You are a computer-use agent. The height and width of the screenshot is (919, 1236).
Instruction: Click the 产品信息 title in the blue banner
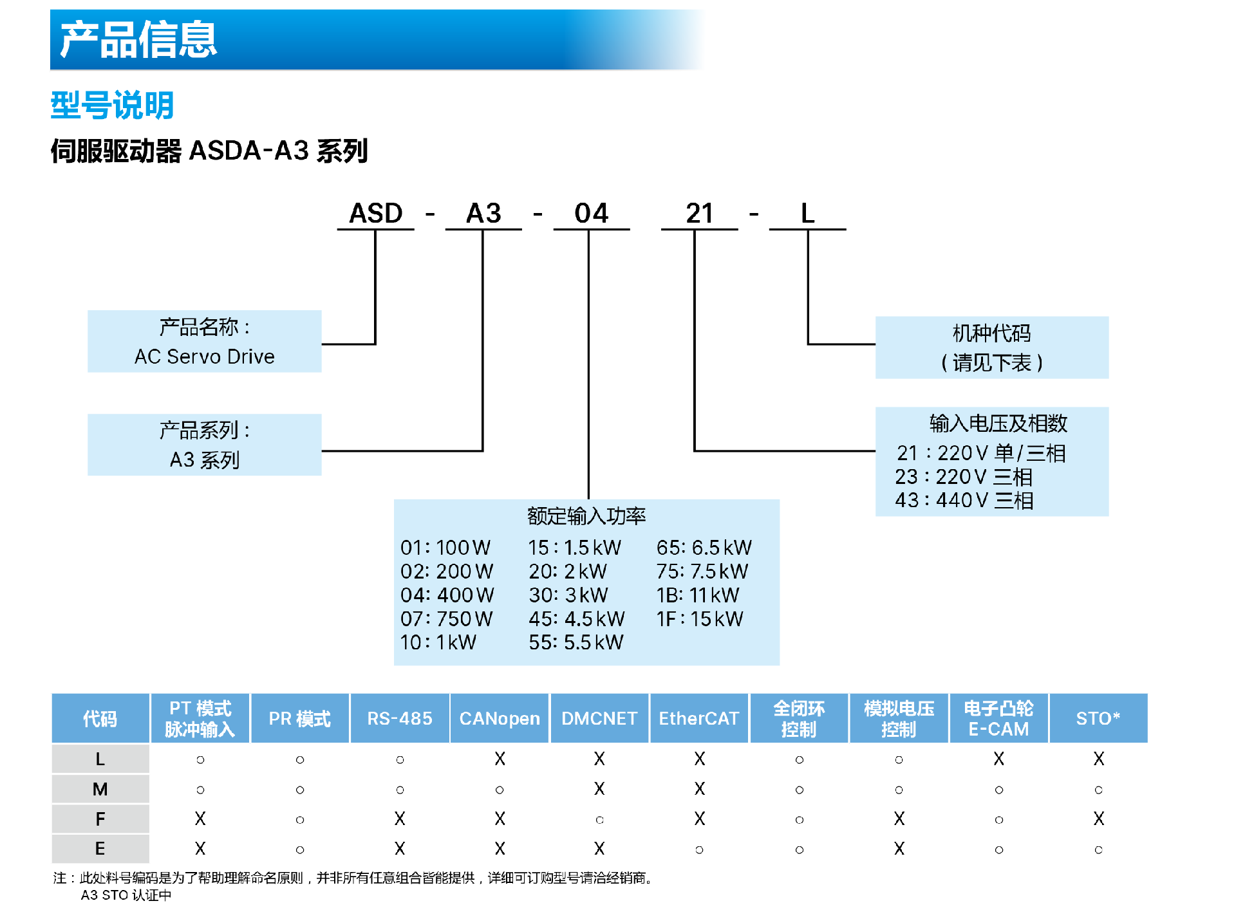click(138, 39)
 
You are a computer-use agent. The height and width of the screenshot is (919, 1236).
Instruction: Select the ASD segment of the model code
click(375, 213)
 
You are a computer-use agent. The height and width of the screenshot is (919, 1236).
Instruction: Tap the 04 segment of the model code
click(591, 213)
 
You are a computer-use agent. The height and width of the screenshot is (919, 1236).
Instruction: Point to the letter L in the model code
click(807, 213)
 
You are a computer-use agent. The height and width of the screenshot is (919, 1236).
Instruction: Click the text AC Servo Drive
click(204, 357)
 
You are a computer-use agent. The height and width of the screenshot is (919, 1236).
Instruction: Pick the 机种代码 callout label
click(991, 333)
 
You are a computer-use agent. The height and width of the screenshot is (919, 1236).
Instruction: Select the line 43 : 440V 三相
click(964, 500)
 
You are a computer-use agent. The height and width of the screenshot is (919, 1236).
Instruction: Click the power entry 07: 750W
click(446, 619)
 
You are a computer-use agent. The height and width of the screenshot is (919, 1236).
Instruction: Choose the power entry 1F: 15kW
click(700, 619)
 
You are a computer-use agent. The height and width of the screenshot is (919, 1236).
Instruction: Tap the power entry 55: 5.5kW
click(576, 642)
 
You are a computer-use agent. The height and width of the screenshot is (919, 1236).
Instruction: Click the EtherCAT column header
click(698, 718)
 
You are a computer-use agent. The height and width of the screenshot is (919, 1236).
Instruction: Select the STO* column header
click(1098, 718)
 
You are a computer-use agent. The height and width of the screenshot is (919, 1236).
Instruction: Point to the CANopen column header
click(500, 718)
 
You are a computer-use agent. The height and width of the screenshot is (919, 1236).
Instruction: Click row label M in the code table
click(100, 789)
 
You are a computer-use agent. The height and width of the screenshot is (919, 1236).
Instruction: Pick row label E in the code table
click(100, 849)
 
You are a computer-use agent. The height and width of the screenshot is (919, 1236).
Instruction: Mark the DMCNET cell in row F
click(599, 819)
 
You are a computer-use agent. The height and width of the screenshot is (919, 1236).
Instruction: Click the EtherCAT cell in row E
click(699, 849)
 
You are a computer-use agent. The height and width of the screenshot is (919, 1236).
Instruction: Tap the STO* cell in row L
click(1098, 759)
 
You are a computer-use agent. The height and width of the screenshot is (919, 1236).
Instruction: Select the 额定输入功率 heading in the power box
click(586, 515)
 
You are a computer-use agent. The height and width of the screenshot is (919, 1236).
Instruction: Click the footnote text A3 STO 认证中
click(126, 895)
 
